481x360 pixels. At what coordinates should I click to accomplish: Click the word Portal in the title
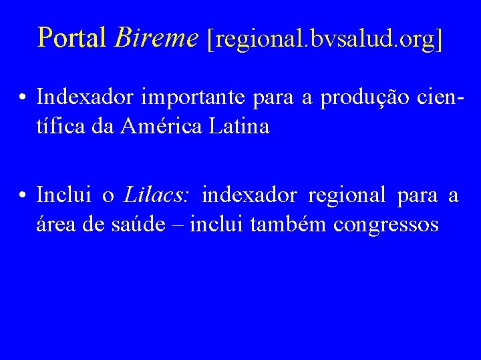(x=73, y=38)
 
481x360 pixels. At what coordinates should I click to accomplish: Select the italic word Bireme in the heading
(x=157, y=38)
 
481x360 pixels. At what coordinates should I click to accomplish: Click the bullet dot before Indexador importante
(x=23, y=98)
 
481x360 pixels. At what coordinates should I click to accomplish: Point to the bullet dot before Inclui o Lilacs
(x=23, y=196)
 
